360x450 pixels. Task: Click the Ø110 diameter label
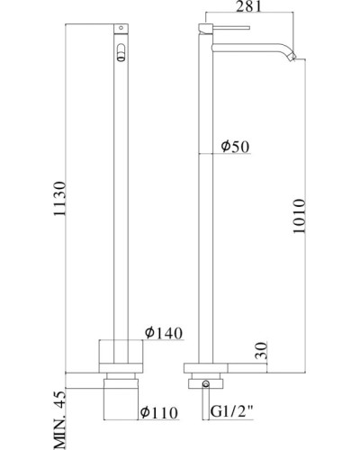(x=158, y=415)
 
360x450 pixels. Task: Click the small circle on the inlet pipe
(x=208, y=385)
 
